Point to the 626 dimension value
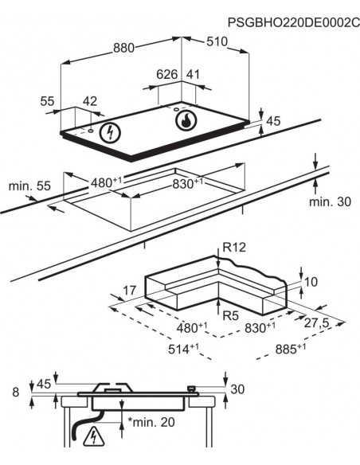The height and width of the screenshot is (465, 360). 166,75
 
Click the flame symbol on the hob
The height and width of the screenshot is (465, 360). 185,122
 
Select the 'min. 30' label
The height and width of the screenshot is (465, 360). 329,202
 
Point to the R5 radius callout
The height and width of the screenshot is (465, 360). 230,316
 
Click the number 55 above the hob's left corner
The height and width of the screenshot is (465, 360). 49,101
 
